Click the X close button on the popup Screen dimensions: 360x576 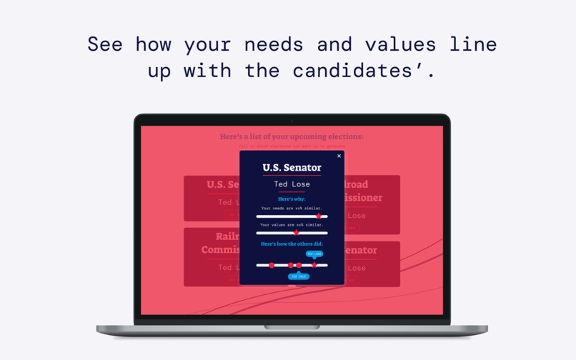click(x=339, y=156)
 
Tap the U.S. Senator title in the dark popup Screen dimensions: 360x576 click(x=292, y=168)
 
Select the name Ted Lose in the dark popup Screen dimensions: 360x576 click(x=292, y=184)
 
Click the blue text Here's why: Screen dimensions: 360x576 click(x=292, y=199)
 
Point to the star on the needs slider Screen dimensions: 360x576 click(x=319, y=216)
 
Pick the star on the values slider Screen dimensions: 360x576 click(x=297, y=232)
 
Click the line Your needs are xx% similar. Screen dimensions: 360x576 click(x=292, y=208)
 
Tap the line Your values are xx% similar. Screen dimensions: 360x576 click(x=292, y=224)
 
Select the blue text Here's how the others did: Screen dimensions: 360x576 click(x=292, y=244)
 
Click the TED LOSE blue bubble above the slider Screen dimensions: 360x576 click(x=314, y=254)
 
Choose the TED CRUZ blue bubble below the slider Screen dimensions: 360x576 click(x=299, y=276)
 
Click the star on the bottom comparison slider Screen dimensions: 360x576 click(x=314, y=265)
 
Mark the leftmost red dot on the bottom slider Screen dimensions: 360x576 click(x=272, y=265)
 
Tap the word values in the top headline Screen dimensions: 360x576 click(x=400, y=44)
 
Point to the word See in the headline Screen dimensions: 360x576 click(x=105, y=44)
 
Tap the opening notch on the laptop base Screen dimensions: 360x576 click(x=292, y=327)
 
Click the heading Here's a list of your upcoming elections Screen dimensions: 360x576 click(x=292, y=136)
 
